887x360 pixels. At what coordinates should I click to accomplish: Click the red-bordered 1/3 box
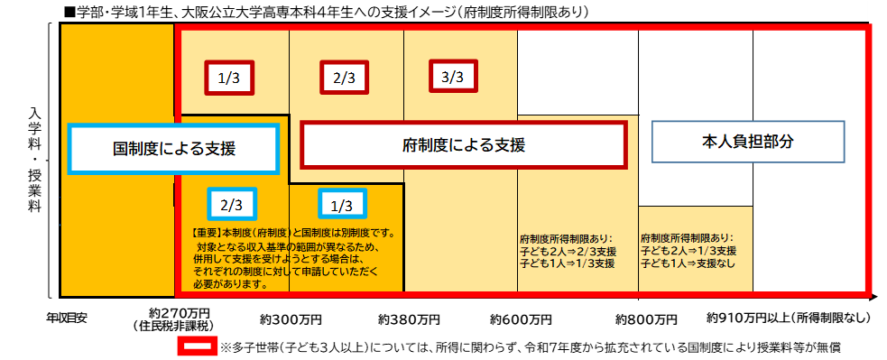coord(229,78)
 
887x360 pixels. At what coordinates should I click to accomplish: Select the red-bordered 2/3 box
coord(343,78)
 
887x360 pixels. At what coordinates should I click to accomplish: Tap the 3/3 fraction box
coord(452,78)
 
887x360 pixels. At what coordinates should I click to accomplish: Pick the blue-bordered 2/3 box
coord(231,205)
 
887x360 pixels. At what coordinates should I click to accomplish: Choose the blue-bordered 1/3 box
coord(342,205)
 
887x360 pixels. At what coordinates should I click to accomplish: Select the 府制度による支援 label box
coord(463,144)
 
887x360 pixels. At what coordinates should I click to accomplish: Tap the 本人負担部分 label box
coord(748,142)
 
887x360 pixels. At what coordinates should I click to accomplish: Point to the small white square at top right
coord(877,11)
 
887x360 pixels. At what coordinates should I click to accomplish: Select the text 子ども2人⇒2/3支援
coord(568,252)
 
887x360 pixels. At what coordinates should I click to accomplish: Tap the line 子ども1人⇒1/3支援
coord(568,263)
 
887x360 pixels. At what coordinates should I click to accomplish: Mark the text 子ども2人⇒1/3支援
coord(688,250)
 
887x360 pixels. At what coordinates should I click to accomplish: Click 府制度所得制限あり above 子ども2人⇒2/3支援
coord(566,240)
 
